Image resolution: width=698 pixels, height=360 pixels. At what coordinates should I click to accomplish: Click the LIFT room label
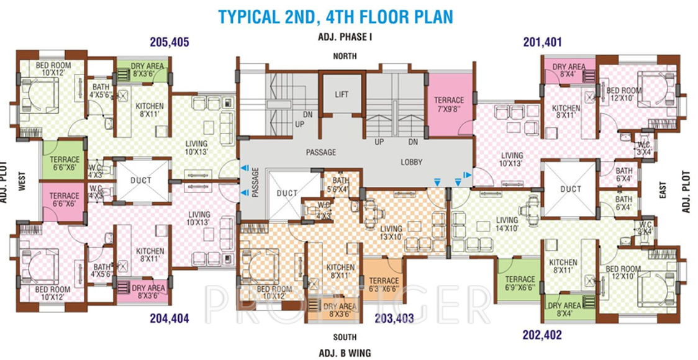342,95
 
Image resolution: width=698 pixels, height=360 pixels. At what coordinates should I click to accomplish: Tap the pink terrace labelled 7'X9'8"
448,104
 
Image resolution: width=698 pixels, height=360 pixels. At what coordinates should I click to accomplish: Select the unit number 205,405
170,43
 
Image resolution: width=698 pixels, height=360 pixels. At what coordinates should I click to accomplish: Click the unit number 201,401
542,43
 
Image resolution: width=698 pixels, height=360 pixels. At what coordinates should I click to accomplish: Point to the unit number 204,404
170,319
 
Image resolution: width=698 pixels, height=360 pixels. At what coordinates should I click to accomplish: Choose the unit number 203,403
394,319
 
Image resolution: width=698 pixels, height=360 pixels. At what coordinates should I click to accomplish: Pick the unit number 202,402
542,335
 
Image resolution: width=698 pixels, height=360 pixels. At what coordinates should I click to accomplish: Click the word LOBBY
411,162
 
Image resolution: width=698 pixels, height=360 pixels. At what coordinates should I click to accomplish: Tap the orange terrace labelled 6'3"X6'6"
384,285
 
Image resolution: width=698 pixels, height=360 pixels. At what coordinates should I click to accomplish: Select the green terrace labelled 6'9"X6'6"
519,283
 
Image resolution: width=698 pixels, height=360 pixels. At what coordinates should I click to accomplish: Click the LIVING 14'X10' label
507,224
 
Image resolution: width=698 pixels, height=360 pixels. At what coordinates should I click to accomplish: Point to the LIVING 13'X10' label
391,233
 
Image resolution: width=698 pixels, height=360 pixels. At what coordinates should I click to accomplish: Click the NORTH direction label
345,56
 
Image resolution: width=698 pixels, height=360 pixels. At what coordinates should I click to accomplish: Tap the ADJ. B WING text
345,353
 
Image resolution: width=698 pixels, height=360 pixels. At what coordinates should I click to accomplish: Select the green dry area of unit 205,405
148,70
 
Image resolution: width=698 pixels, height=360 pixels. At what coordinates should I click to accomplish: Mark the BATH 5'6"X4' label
341,185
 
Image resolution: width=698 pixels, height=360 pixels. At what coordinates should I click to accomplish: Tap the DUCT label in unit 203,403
287,194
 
